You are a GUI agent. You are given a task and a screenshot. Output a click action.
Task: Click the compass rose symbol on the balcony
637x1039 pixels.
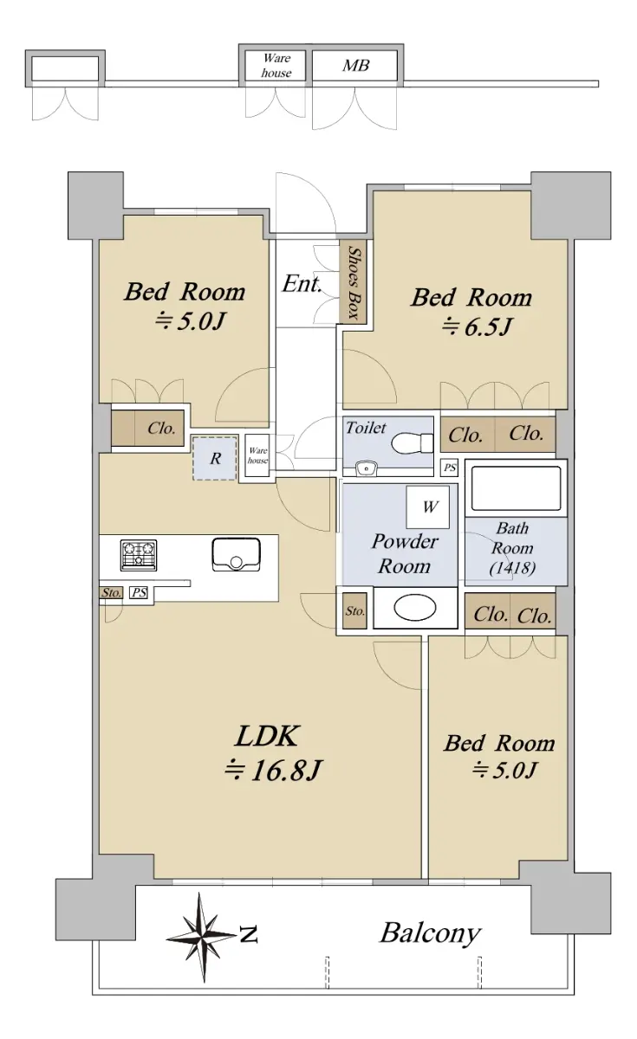202,937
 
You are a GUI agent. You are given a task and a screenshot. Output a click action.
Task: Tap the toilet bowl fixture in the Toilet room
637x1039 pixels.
412,443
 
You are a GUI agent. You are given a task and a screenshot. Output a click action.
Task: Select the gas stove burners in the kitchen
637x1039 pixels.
139,555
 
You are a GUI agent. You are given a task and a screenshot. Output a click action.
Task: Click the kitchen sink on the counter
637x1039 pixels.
236,553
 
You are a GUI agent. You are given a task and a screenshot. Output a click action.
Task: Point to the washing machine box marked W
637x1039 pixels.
427,507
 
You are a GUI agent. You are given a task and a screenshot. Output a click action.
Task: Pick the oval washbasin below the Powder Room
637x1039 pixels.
415,608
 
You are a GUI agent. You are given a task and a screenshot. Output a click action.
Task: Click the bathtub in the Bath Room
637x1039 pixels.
516,488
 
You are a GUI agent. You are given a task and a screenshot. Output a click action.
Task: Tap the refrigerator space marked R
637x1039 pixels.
215,458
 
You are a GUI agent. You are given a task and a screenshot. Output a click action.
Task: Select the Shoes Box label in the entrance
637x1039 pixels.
354,283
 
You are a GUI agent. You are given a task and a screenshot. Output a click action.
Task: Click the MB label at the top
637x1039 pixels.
355,66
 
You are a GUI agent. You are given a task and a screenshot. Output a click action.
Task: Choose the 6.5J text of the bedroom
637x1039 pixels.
477,326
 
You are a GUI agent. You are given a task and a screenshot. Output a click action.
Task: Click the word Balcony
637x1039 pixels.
430,933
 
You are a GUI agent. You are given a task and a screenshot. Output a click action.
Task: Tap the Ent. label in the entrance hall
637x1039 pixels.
302,283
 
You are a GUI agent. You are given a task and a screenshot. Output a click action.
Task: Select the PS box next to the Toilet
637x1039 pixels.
450,468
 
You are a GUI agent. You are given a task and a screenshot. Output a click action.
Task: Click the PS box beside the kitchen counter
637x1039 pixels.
139,592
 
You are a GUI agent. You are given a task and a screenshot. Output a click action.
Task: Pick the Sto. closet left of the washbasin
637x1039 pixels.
355,611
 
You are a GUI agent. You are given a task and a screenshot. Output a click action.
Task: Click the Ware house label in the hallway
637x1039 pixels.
257,455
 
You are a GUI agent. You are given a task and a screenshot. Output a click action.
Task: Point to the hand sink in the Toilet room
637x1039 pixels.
367,469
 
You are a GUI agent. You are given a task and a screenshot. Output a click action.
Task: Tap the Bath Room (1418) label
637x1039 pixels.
512,548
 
